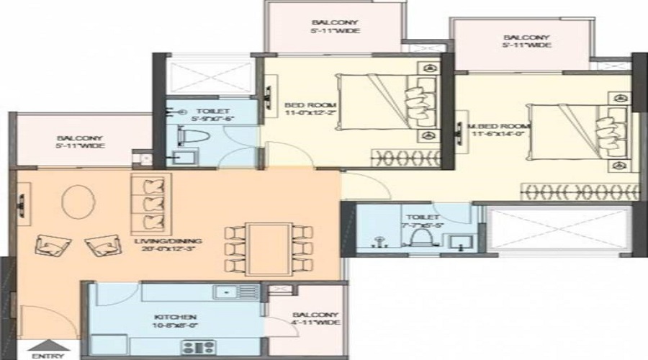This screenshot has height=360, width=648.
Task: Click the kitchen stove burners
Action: pos(199,346)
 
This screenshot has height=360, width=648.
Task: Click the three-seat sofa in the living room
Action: pos(150,201)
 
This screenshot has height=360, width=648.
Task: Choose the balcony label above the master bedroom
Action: pos(527,41)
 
